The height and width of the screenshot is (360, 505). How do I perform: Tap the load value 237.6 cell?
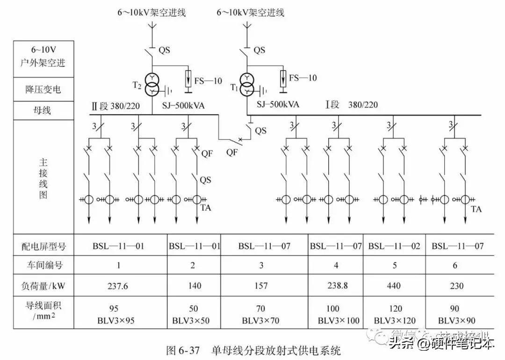(118, 286)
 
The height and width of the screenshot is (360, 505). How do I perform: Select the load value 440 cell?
(394, 286)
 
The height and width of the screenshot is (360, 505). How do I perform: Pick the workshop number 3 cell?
(261, 266)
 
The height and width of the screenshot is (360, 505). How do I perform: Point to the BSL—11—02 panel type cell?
(394, 246)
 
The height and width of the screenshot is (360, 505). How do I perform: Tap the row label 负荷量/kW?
(43, 286)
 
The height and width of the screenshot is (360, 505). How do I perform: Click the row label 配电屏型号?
(43, 246)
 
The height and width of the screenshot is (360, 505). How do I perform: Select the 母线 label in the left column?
(43, 111)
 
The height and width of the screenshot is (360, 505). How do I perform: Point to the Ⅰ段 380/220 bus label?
(351, 105)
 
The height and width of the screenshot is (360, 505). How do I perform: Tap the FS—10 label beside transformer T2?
(209, 81)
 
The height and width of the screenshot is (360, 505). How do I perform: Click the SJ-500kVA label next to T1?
(278, 105)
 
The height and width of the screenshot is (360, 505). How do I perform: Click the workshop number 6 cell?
(454, 266)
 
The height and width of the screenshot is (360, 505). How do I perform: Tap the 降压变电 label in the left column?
(43, 89)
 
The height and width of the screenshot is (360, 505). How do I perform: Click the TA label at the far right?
(476, 209)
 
